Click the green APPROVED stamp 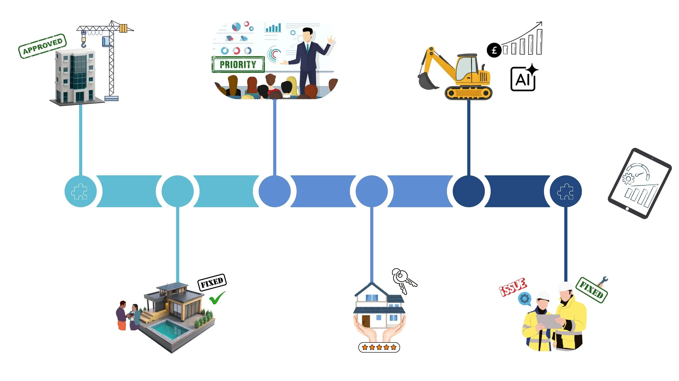[42, 46]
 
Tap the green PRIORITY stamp [238, 65]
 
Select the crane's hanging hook [84, 43]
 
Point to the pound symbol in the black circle [494, 50]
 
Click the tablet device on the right [640, 183]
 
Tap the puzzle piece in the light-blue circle [79, 191]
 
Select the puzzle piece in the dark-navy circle [565, 191]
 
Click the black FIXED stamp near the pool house [212, 283]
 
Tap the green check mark [217, 298]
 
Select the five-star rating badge [379, 347]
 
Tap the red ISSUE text [513, 287]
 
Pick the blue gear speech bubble [524, 299]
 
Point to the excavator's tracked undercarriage [468, 93]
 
